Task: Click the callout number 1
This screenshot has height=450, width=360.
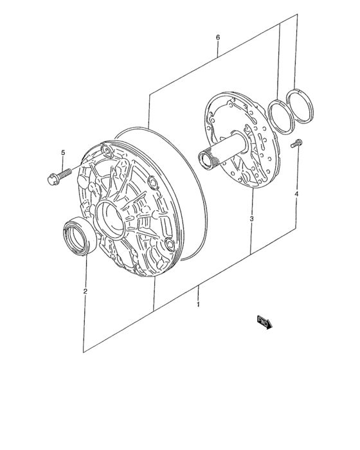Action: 198,304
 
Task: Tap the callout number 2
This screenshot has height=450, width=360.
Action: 85,291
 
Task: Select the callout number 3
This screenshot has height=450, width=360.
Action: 251,219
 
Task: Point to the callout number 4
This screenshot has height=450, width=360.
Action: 296,194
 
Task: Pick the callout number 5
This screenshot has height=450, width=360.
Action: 63,152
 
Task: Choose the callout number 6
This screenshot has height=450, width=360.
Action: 218,37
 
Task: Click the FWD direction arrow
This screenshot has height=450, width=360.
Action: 265,322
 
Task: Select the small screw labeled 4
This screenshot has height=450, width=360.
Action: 296,143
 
